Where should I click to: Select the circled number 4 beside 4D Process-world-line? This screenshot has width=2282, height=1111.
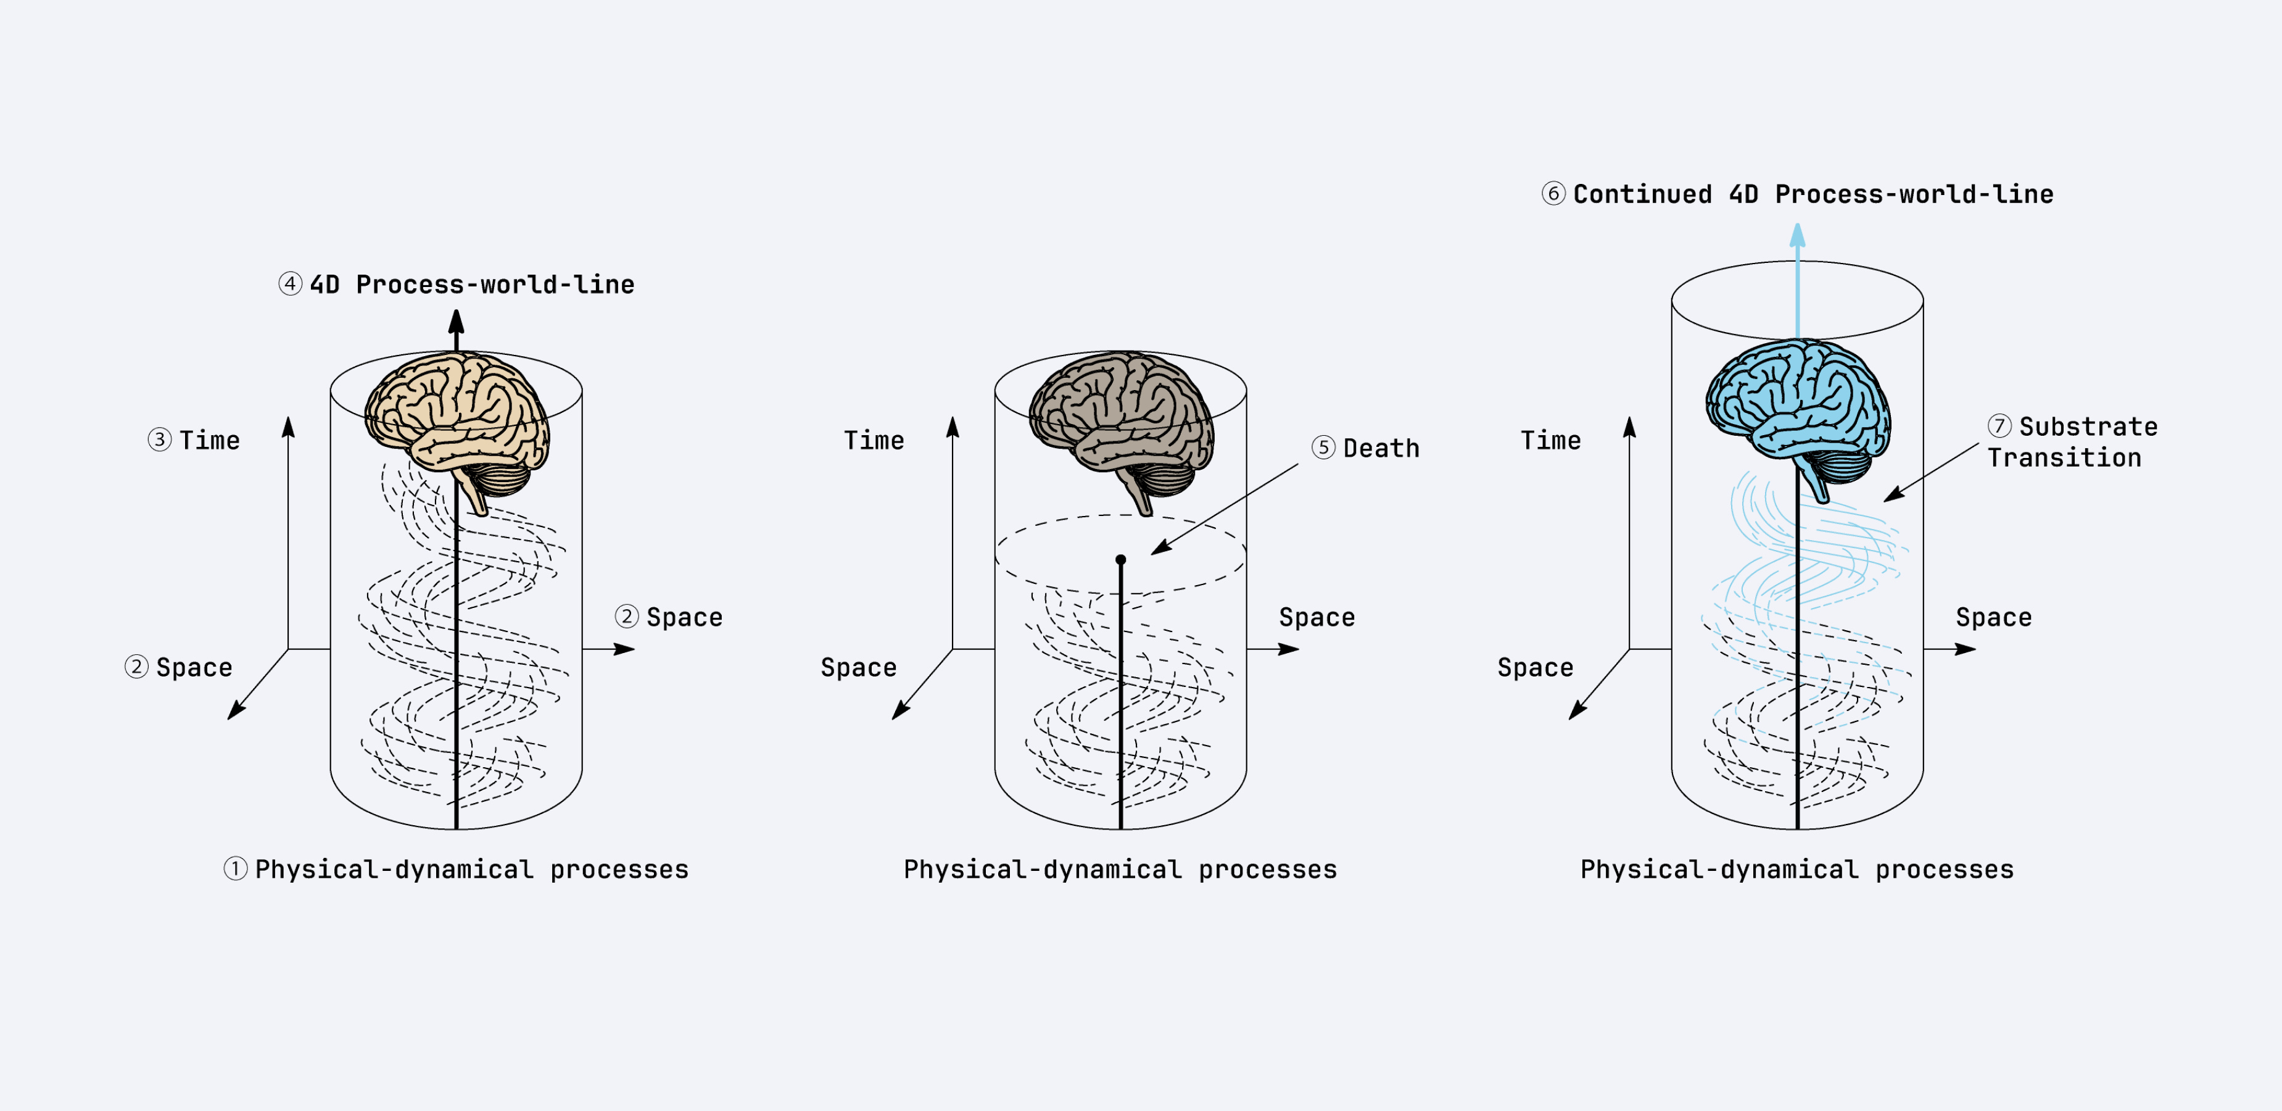click(290, 285)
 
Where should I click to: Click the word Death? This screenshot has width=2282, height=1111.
click(1381, 448)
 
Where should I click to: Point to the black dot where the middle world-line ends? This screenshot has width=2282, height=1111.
click(1120, 560)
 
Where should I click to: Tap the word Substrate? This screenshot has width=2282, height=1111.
click(2088, 427)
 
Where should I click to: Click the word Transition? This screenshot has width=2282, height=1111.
click(2064, 458)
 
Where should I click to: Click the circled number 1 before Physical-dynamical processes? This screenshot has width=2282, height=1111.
click(235, 869)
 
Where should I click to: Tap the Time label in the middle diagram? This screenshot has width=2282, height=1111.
click(874, 440)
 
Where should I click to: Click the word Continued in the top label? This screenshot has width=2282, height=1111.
click(1642, 194)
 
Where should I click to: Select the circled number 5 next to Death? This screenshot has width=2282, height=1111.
click(1323, 448)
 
